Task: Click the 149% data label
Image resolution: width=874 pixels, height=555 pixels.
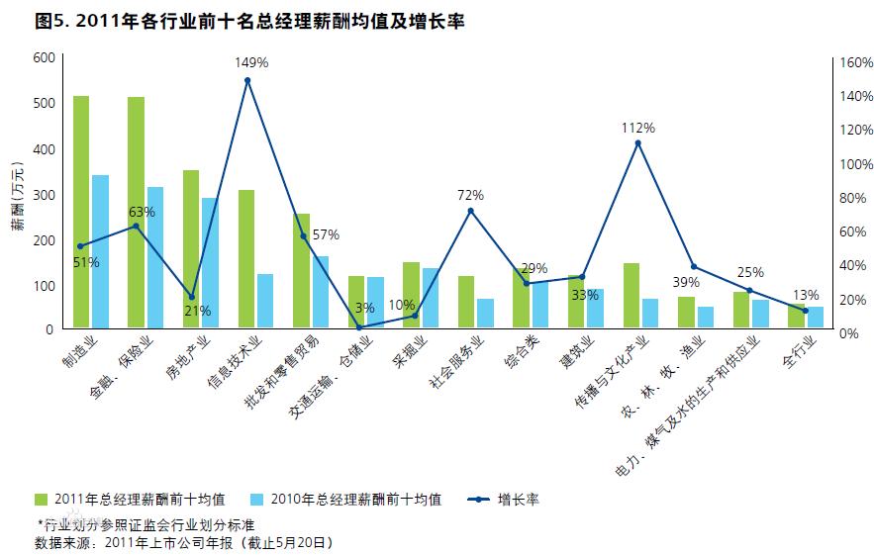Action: coord(251,62)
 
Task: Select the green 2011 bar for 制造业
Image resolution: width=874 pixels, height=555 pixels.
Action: coord(81,212)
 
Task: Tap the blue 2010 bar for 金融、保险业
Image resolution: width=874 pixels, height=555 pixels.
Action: coord(155,257)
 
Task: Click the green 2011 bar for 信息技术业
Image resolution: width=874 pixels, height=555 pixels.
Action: coord(246,258)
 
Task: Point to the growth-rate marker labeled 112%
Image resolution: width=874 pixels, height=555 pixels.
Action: coord(637,143)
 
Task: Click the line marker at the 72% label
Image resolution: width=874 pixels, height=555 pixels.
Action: coord(470,211)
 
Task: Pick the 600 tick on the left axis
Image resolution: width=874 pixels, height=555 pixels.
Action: coord(43,57)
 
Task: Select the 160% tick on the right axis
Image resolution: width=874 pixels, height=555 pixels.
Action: coord(856,62)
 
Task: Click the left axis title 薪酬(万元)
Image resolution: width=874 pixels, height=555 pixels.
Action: coord(18,194)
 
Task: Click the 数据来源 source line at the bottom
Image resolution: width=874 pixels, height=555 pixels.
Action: coord(183,543)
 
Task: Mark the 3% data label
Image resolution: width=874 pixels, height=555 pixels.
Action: coord(365,308)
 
